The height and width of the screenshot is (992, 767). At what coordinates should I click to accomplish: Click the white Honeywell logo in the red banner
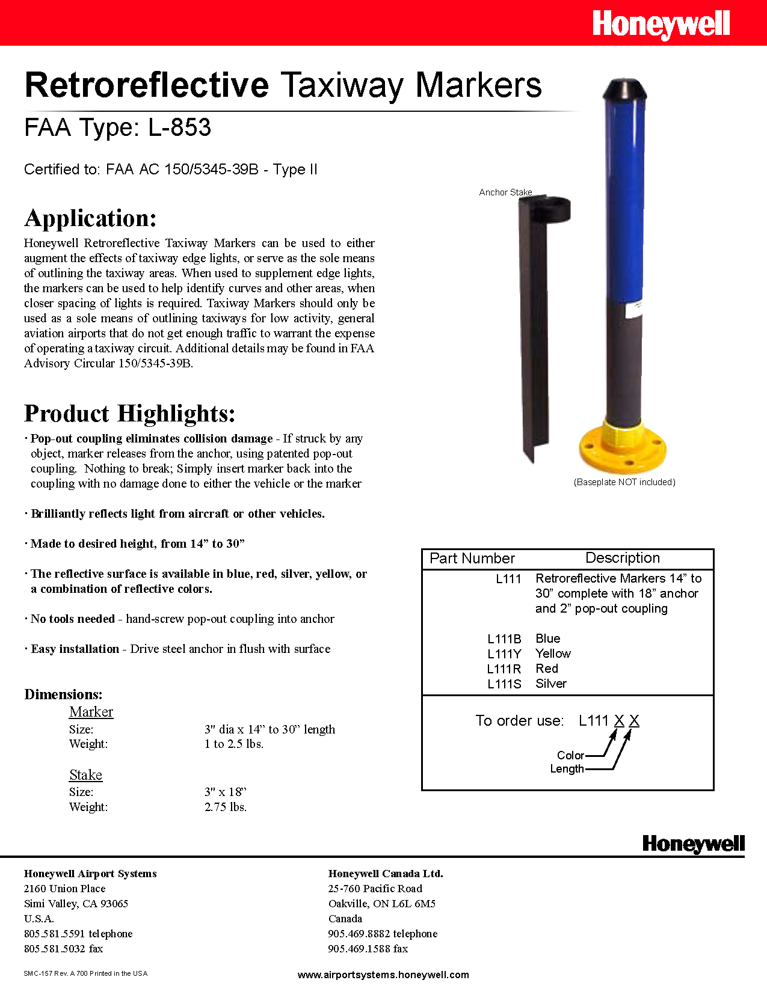(661, 25)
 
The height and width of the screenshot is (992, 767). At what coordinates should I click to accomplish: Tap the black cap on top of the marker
(625, 90)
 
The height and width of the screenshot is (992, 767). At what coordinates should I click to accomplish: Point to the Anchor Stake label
(505, 192)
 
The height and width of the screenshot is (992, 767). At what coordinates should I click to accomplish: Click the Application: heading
(90, 218)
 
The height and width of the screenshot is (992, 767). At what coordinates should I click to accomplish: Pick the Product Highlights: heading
(129, 414)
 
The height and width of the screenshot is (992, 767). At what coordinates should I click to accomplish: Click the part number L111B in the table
(504, 638)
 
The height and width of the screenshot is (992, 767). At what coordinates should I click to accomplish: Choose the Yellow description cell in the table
(553, 654)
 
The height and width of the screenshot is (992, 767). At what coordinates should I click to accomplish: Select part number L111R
(504, 669)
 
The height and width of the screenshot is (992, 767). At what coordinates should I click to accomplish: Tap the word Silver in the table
(551, 684)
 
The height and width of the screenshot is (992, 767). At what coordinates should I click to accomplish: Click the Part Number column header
(472, 559)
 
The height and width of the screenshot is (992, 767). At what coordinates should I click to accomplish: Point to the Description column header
(623, 558)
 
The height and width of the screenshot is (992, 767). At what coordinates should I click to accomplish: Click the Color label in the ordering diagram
(570, 755)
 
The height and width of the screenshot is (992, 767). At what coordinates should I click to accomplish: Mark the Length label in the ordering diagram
(567, 769)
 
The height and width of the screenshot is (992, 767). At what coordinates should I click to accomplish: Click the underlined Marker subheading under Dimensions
(91, 712)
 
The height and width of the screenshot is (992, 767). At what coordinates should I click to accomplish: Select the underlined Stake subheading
(85, 775)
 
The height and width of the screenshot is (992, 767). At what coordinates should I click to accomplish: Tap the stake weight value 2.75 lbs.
(226, 807)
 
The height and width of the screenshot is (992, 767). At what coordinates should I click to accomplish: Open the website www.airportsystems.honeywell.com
(383, 975)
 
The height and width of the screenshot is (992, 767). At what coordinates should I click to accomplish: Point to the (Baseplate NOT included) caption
(624, 482)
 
